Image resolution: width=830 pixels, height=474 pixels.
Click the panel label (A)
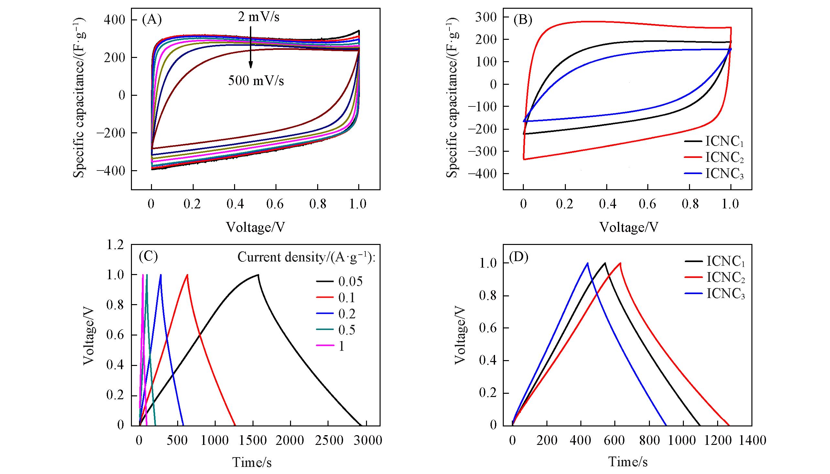152,20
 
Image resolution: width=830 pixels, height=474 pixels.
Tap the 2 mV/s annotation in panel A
259,17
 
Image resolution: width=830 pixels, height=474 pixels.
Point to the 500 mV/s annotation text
256,81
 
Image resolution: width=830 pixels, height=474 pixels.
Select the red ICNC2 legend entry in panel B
714,158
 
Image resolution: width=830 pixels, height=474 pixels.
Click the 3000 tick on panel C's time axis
367,440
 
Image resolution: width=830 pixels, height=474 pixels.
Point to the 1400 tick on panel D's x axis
752,440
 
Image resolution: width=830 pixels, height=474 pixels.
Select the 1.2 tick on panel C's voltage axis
115,245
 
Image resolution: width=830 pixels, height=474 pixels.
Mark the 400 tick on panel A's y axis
115,20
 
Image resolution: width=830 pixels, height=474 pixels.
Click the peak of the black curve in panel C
258,275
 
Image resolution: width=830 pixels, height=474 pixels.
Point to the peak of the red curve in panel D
620,263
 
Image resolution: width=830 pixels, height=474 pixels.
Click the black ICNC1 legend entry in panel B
714,142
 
